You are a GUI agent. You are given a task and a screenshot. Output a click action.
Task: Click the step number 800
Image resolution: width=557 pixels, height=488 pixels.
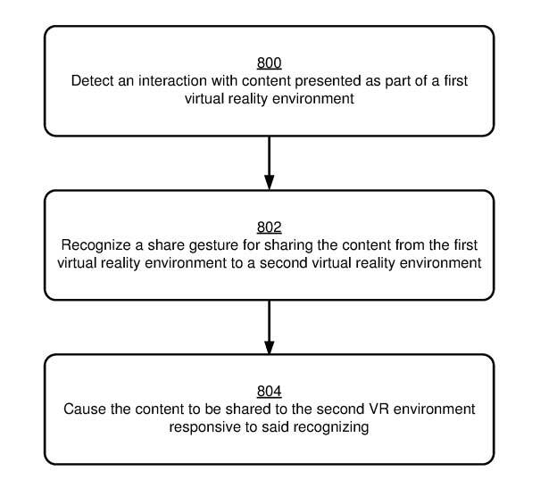point(269,62)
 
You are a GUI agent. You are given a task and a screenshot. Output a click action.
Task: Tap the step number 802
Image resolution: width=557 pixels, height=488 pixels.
point(269,227)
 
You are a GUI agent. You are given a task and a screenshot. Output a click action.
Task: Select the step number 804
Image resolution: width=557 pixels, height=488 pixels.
point(269,391)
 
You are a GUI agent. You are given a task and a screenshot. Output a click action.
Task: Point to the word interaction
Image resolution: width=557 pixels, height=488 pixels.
point(173,81)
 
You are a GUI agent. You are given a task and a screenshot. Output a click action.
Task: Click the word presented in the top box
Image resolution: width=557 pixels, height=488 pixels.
point(328,81)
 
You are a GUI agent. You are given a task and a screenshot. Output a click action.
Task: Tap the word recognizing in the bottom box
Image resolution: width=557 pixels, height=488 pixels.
point(331,427)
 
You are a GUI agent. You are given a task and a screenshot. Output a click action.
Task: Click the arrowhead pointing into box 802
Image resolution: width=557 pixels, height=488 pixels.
point(270,182)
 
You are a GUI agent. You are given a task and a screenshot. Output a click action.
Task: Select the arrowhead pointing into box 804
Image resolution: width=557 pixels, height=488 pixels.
point(270,347)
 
